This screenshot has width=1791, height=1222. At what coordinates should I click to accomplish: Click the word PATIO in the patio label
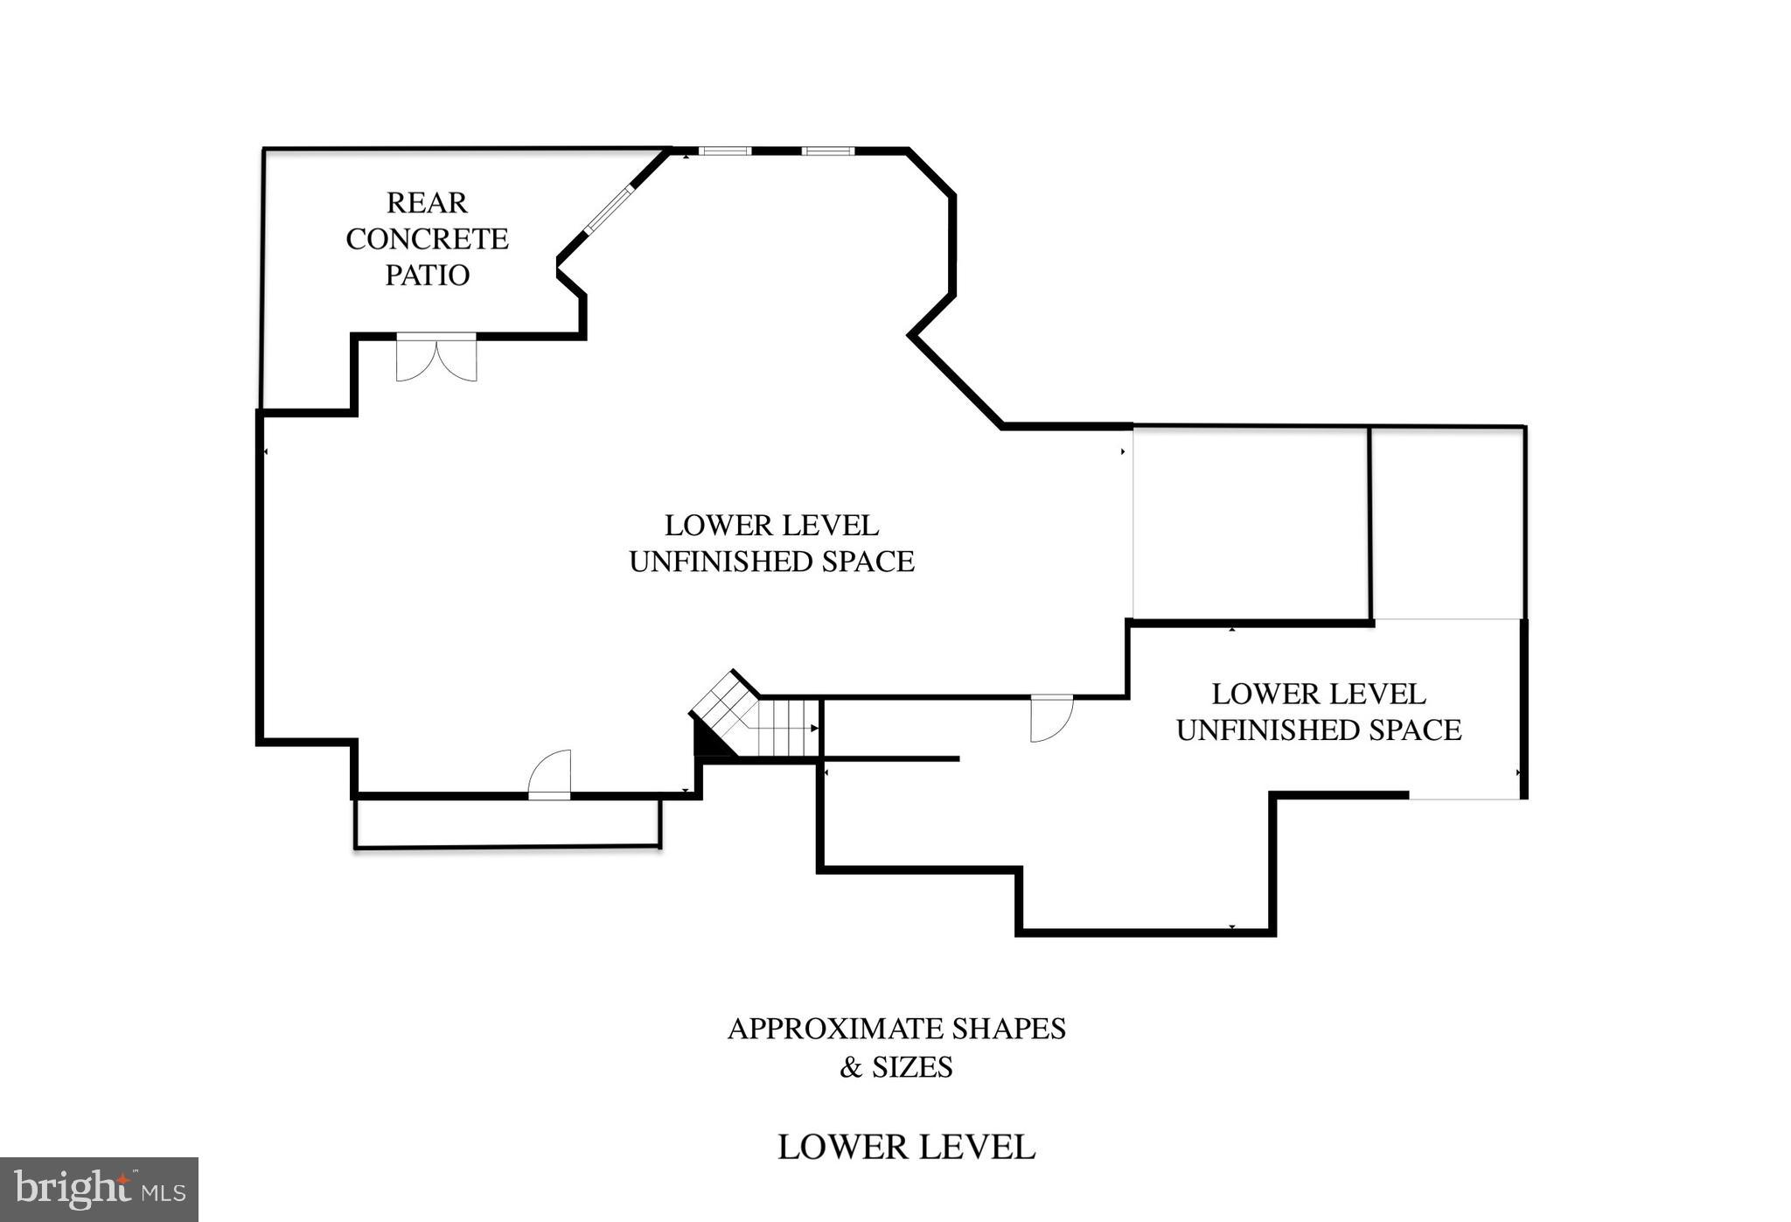point(428,276)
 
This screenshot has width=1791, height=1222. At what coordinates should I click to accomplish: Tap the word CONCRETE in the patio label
point(427,239)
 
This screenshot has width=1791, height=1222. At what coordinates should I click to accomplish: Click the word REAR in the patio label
point(427,203)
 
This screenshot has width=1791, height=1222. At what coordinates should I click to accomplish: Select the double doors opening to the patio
point(436,358)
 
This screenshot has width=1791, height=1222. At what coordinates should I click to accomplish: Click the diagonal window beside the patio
point(608,210)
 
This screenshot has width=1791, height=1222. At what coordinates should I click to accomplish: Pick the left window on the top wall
point(725,151)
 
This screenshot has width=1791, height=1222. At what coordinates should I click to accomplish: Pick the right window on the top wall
point(828,151)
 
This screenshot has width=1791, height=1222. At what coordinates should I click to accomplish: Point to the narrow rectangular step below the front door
point(507,823)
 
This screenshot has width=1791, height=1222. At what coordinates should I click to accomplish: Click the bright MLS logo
point(99,1189)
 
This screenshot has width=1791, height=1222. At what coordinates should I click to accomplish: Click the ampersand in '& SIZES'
point(849,1068)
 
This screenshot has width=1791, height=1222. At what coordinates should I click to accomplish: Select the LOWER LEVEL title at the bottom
point(906,1148)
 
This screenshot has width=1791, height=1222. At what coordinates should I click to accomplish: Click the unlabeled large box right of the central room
point(1251,523)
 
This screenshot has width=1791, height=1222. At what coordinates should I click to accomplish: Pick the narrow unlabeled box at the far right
point(1448,523)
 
